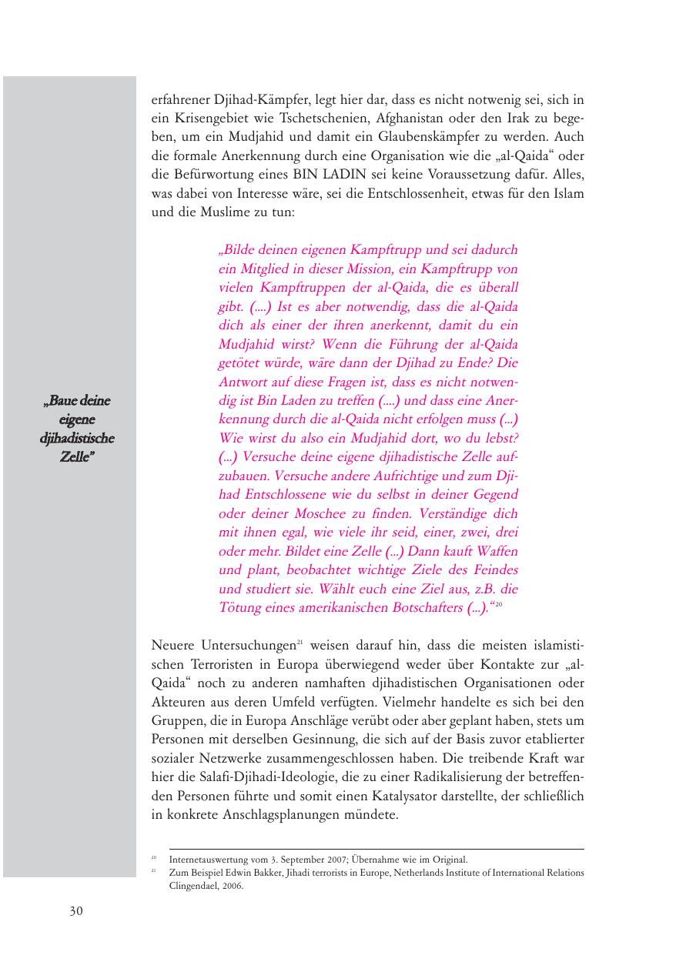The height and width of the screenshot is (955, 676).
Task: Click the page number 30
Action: (x=75, y=911)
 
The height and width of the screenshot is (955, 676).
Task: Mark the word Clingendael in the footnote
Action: (x=195, y=886)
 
